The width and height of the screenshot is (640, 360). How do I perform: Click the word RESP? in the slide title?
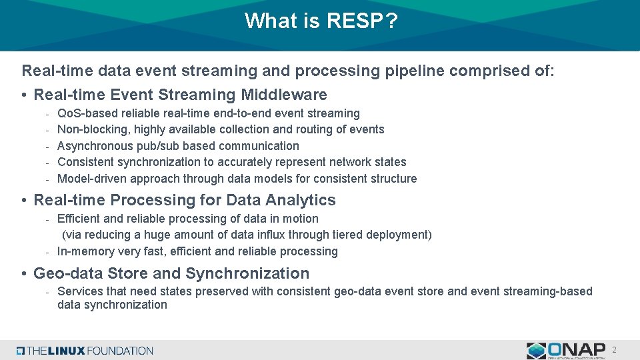point(362,21)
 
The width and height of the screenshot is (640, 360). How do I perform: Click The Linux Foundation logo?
point(85,350)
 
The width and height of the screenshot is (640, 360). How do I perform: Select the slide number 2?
point(614,350)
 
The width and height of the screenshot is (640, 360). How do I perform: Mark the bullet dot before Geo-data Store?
point(24,274)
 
